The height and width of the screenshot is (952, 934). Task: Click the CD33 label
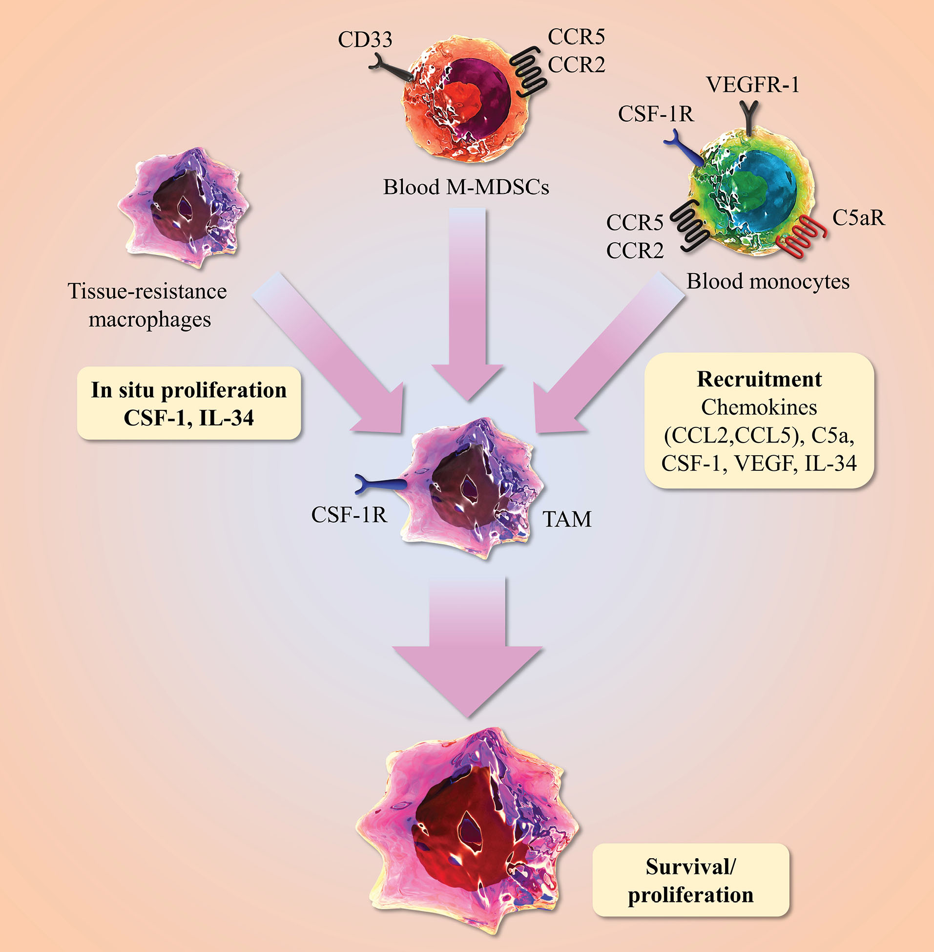[365, 40]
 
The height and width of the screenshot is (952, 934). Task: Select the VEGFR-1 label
[752, 85]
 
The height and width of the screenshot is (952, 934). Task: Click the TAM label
[566, 519]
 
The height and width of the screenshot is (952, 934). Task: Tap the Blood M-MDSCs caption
[465, 188]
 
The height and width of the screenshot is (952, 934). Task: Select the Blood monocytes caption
[768, 282]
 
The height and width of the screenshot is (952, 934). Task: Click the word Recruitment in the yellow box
[759, 380]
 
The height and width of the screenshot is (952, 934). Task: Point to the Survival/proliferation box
[691, 880]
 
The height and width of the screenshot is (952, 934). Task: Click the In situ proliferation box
[189, 403]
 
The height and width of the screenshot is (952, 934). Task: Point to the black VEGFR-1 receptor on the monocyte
[750, 118]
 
